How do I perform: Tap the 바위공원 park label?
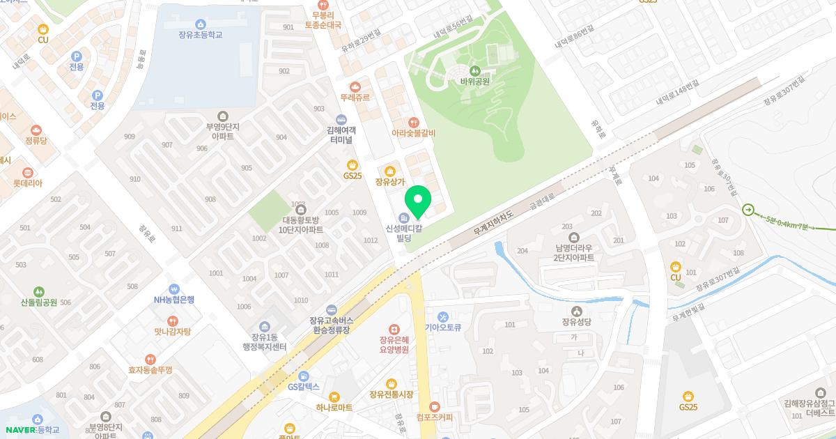(x=474, y=81)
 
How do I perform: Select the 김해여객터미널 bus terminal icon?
(x=341, y=118)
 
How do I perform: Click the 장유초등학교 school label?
(x=200, y=34)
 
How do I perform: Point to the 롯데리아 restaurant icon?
(x=28, y=172)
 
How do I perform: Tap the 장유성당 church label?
(x=575, y=322)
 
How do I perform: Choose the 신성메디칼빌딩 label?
(x=404, y=233)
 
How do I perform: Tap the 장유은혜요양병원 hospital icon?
(x=394, y=329)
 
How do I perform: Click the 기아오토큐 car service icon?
(x=442, y=317)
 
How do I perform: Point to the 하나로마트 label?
(x=334, y=407)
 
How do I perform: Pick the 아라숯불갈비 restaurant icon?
(x=413, y=122)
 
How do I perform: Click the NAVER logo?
(x=20, y=429)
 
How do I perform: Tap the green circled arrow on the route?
(x=748, y=209)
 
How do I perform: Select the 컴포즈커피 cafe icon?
(x=435, y=406)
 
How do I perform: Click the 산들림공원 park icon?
(x=39, y=291)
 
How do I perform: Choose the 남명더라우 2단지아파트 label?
(x=574, y=252)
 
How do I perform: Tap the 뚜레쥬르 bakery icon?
(x=355, y=87)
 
